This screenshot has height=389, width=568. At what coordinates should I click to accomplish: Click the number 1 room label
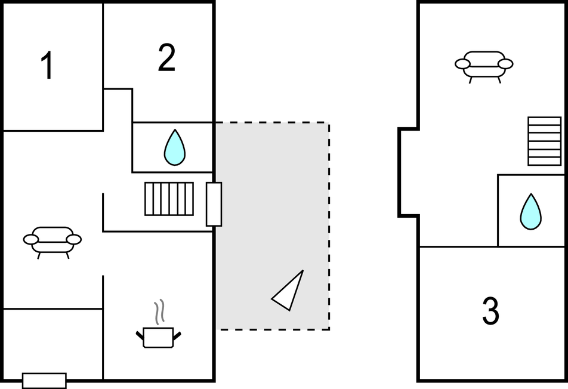(47, 66)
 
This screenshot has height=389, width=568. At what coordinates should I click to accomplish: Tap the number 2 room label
(166, 58)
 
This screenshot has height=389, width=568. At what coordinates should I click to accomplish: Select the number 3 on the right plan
(490, 311)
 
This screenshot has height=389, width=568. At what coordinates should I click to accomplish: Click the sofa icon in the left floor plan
(53, 240)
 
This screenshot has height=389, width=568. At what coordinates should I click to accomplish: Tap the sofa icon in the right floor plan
(484, 64)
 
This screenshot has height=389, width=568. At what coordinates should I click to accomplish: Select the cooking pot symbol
(158, 336)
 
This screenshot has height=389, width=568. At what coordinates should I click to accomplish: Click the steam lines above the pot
(158, 312)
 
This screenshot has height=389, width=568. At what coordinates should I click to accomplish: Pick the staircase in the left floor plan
(169, 199)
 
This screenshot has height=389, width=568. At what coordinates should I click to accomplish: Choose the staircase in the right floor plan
(544, 141)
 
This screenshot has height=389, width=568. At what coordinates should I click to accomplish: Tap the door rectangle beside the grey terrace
(214, 204)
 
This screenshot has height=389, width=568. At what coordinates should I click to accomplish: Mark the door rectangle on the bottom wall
(44, 380)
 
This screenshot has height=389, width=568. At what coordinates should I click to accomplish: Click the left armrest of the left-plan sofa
(30, 239)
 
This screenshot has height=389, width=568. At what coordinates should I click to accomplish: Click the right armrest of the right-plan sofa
(506, 64)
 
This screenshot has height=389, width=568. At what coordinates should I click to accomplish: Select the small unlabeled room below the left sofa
(53, 343)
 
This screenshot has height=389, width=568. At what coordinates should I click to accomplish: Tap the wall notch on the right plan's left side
(408, 171)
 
